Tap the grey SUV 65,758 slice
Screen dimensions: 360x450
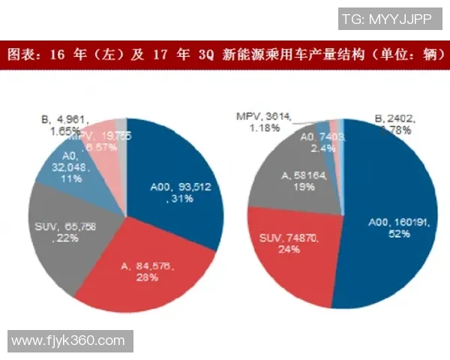click(x=64, y=225)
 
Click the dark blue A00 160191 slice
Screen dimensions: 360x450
click(x=390, y=225)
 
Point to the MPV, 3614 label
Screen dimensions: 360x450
click(x=264, y=117)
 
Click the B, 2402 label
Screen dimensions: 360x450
click(x=394, y=118)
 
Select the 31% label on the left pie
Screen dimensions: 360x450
click(x=180, y=199)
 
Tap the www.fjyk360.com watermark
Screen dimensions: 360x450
click(x=68, y=340)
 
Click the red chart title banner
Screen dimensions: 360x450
click(x=225, y=55)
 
